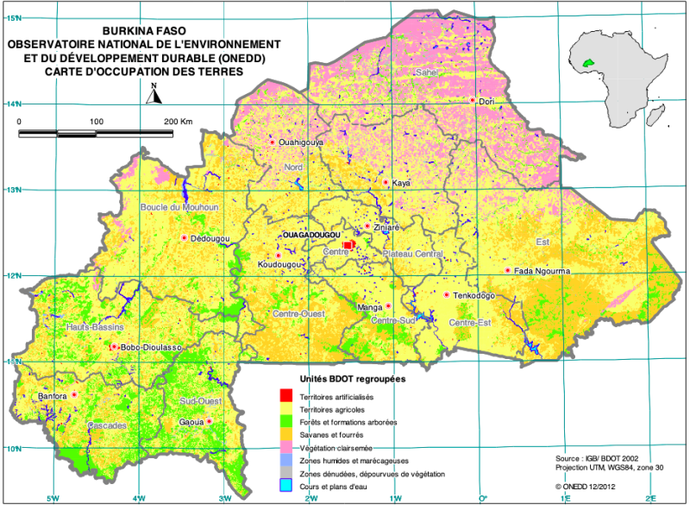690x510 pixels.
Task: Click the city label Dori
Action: pyautogui.click(x=486, y=101)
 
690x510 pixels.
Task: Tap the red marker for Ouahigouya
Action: pyautogui.click(x=273, y=142)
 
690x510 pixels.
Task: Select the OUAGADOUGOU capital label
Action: pyautogui.click(x=311, y=235)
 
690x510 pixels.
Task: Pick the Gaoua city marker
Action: pyautogui.click(x=209, y=421)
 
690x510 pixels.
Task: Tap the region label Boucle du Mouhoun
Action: pyautogui.click(x=180, y=207)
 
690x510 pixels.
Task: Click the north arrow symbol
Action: pyautogui.click(x=153, y=94)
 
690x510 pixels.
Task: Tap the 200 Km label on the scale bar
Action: pyautogui.click(x=179, y=122)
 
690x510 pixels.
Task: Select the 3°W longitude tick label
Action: pyautogui.click(x=225, y=499)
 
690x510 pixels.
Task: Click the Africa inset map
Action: pyautogui.click(x=622, y=78)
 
